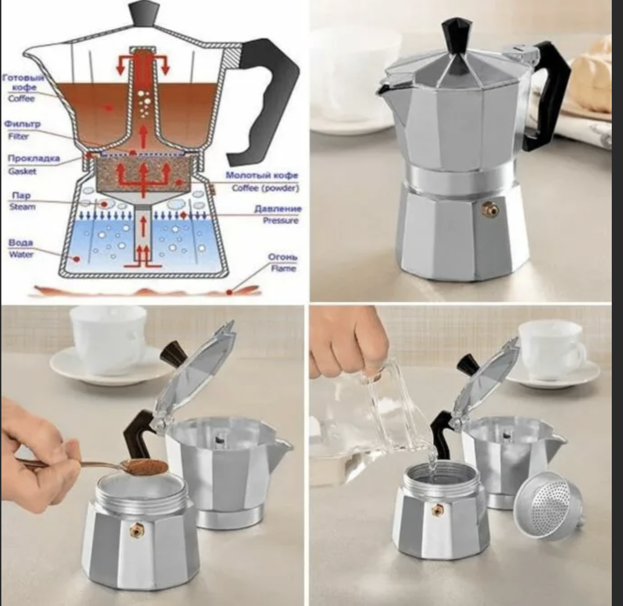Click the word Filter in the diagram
click(18, 136)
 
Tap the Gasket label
click(22, 171)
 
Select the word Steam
click(22, 207)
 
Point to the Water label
click(21, 255)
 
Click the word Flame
click(283, 268)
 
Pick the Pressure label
click(281, 220)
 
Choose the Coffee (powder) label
click(265, 188)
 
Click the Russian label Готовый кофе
click(23, 83)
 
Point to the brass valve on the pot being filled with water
click(437, 509)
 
